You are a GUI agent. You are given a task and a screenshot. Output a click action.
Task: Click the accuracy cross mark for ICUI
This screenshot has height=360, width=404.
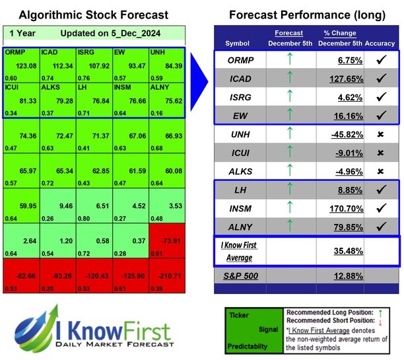click(380, 153)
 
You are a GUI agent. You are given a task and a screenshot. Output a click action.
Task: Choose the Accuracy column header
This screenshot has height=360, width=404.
click(380, 43)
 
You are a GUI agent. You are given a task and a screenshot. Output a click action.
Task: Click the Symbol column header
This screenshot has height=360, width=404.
click(238, 43)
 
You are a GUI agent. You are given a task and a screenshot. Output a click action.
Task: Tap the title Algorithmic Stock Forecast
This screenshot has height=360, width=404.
click(92, 15)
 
